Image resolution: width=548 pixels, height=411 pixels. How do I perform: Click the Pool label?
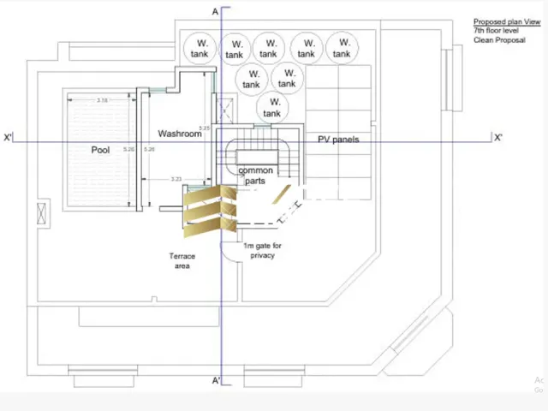101,150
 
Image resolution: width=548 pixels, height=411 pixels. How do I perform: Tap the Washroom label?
180,134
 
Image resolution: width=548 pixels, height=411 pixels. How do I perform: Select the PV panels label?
338,139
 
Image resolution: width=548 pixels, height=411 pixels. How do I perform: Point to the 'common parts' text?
255,176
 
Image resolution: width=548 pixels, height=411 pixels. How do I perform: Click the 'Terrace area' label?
182,261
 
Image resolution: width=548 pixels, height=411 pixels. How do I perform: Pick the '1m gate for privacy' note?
262,251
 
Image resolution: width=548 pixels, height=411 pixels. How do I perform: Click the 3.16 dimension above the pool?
102,101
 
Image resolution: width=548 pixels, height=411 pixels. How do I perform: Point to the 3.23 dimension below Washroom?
176,179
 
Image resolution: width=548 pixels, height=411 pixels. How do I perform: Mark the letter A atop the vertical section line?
216,11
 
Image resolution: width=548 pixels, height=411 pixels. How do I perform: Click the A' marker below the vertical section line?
217,380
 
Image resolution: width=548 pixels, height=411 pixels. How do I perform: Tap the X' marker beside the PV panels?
497,137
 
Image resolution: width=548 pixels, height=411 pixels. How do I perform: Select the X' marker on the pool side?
9,137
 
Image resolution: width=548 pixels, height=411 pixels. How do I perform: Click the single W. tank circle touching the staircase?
271,108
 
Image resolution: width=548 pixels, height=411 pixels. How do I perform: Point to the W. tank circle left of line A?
199,49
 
